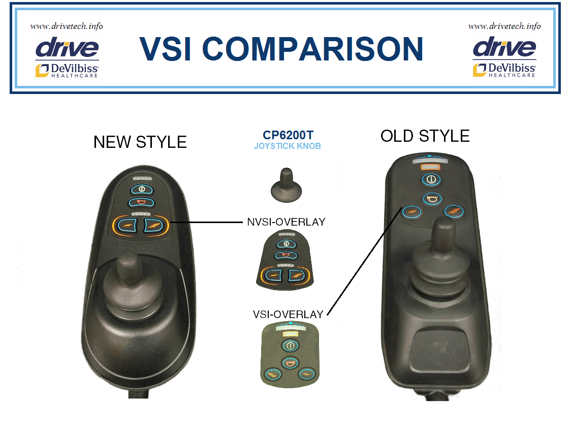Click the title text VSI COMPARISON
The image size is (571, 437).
pos(281,48)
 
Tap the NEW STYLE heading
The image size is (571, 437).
pos(140,142)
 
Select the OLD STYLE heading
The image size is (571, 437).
pos(425,136)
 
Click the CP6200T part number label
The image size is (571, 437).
pos(288,135)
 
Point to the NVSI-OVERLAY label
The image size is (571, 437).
pos(286,222)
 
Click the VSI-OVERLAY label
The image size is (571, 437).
pos(288,314)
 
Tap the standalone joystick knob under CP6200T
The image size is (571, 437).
pos(286,184)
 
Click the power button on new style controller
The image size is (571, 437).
pos(142,190)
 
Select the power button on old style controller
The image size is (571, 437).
pos(431,179)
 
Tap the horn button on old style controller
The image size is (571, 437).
pos(433,199)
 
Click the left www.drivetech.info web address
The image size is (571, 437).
pos(67,26)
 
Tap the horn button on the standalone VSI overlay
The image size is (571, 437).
pos(290,363)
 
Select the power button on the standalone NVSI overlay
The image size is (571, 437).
pos(286,244)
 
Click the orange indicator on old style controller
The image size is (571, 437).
pos(430,167)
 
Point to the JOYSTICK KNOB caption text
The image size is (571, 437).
pos(288,146)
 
